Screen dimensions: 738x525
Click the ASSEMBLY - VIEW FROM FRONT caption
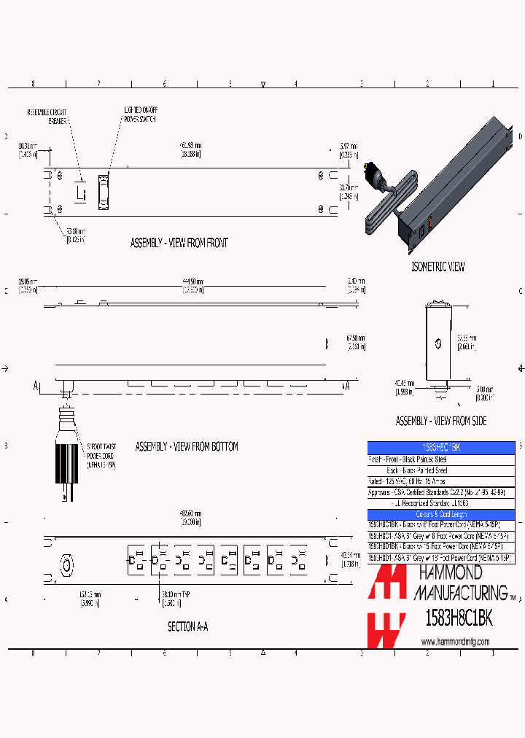179,243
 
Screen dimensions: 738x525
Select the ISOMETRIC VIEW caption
437,267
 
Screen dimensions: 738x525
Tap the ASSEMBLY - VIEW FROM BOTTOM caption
187,446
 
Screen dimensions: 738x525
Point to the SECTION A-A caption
187,626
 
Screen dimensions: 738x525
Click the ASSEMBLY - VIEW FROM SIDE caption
440,421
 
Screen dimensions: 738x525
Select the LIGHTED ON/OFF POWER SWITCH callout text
139,114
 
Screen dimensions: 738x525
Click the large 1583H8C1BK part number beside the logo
459,618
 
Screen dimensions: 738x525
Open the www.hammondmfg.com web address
455,642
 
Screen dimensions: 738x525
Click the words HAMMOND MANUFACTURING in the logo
461,581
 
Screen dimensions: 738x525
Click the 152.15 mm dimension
90,597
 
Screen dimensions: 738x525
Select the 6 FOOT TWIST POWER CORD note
101,454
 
